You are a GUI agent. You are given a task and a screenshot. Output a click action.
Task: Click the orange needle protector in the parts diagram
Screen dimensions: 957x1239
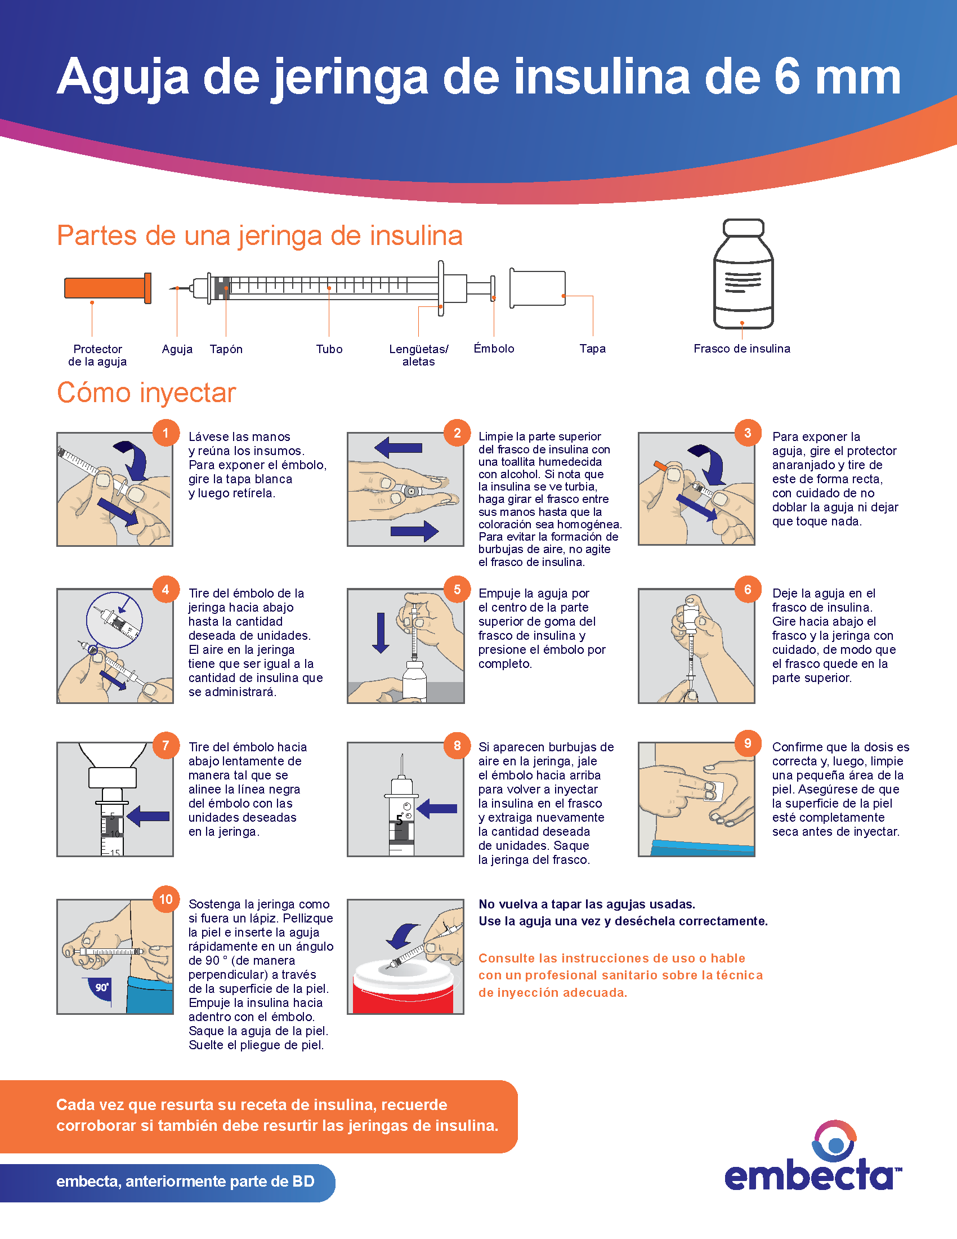(108, 288)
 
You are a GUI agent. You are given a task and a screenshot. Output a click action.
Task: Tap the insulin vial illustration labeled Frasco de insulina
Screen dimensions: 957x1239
(743, 274)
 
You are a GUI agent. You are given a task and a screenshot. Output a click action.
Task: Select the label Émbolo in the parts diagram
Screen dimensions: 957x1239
(494, 348)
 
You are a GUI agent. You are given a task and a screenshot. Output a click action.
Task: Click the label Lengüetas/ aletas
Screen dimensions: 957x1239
(418, 355)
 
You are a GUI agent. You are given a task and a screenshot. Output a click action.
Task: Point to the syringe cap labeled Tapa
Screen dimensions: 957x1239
(538, 288)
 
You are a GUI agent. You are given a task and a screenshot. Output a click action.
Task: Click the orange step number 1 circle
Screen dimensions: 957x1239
(166, 433)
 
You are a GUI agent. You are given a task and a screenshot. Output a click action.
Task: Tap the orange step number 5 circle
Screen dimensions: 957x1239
(457, 590)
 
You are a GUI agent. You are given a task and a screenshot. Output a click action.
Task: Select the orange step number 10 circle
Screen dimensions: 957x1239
(166, 899)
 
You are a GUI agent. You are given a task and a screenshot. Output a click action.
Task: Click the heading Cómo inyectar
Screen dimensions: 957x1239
(146, 393)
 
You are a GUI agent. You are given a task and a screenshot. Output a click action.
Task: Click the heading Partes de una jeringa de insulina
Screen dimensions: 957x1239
(260, 235)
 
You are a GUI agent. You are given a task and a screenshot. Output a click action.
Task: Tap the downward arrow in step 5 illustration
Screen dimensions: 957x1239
(381, 632)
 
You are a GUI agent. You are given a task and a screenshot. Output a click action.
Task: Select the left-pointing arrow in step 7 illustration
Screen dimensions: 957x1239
(148, 817)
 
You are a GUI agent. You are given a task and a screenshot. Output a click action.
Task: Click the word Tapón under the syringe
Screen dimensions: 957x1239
(226, 349)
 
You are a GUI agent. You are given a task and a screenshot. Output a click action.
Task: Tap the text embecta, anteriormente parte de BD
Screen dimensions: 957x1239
(185, 1181)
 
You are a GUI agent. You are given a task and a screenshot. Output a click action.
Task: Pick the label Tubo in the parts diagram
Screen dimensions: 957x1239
(329, 349)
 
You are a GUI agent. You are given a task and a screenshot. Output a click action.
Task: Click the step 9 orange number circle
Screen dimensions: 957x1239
(748, 743)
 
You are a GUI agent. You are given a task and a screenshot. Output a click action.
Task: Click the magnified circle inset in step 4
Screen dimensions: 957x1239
(114, 620)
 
